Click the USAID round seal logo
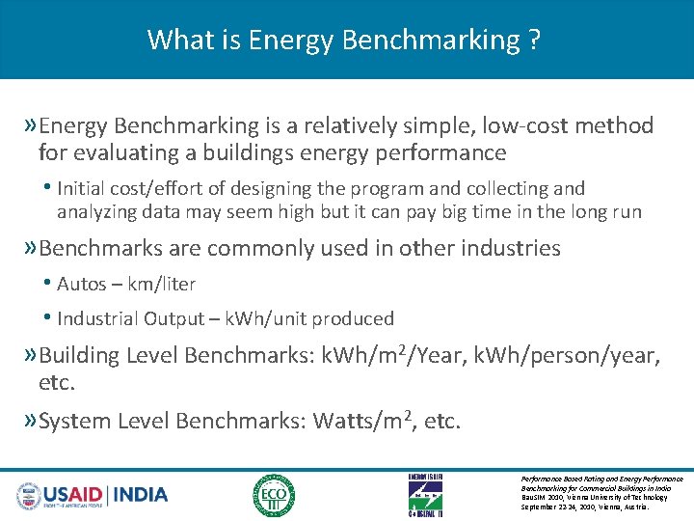(30, 496)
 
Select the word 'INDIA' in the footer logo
(141, 495)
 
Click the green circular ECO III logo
(274, 495)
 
